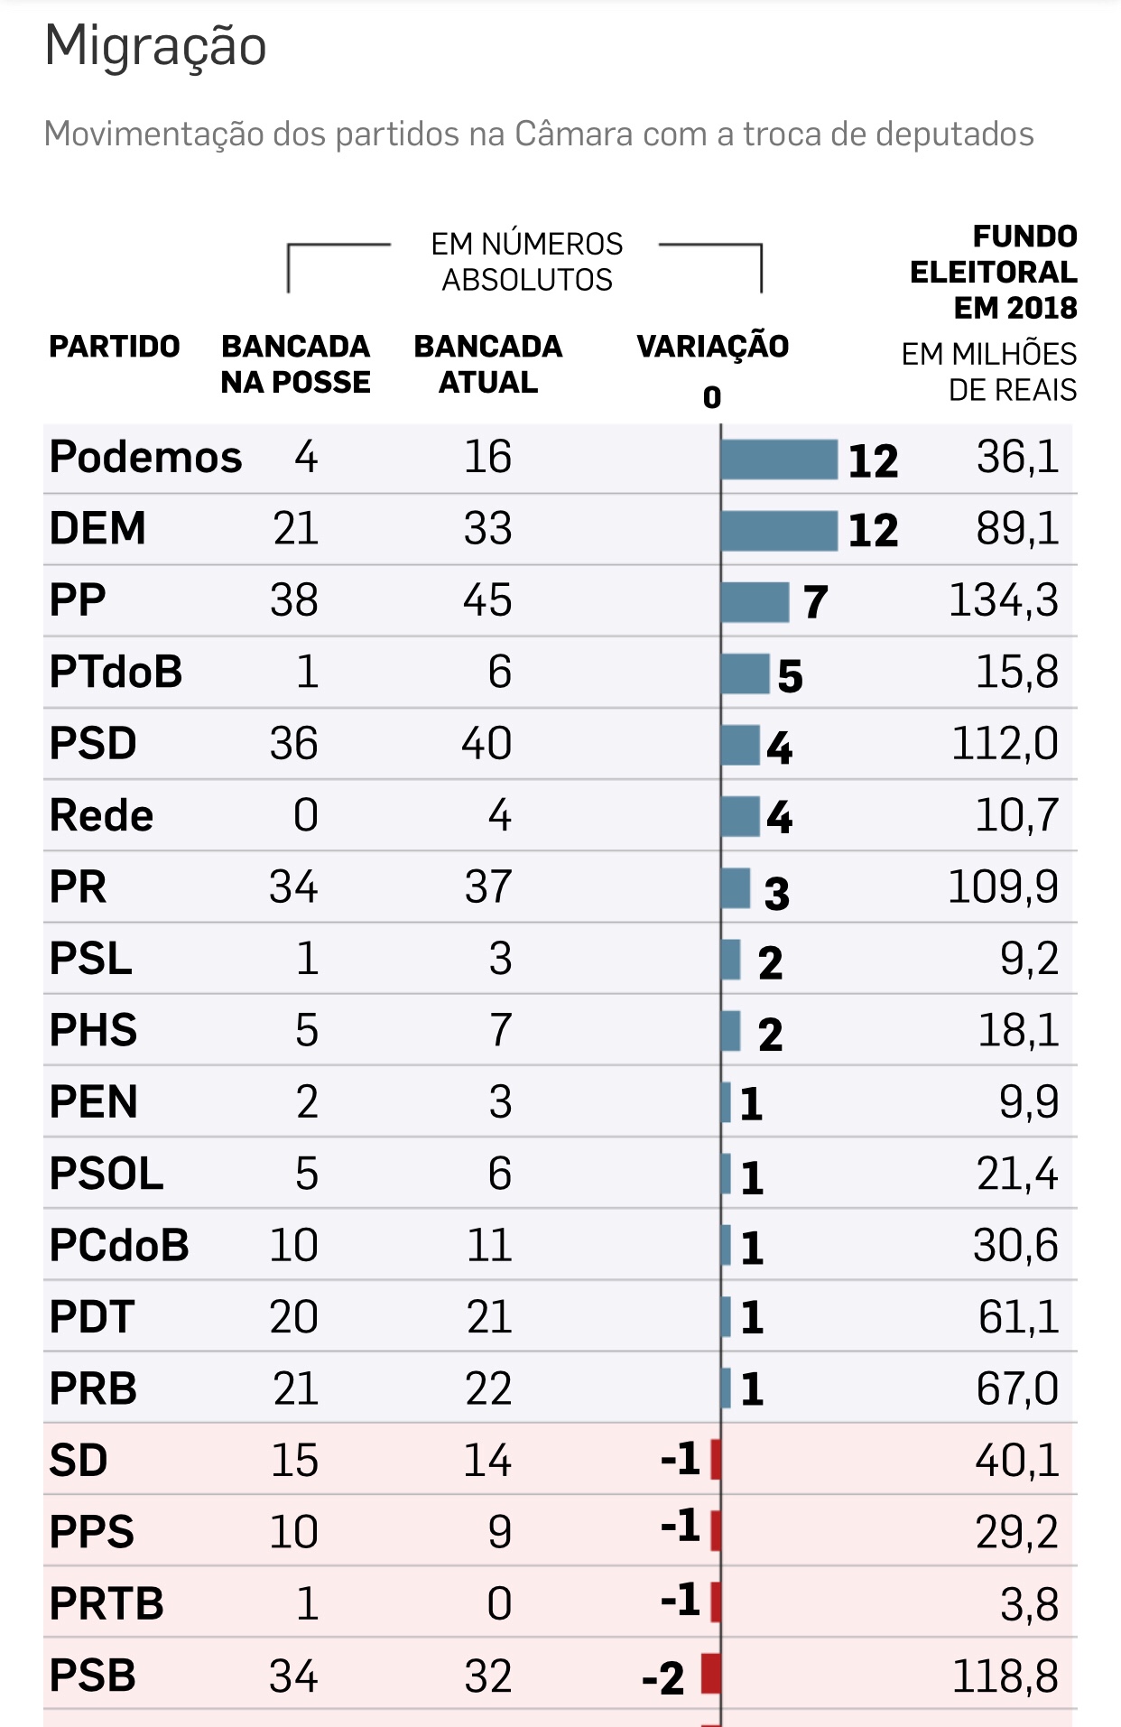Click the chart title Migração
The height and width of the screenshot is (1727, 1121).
click(155, 46)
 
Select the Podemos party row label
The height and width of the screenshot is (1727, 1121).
click(145, 457)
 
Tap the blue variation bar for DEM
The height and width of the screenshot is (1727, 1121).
click(779, 530)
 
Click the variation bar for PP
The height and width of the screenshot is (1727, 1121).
click(755, 601)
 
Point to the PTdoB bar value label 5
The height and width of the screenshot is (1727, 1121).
click(790, 675)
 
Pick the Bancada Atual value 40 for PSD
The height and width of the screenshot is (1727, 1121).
click(486, 744)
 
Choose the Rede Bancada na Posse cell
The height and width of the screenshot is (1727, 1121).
click(306, 815)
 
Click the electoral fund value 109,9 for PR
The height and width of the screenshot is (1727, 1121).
click(1003, 887)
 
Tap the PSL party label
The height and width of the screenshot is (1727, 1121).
click(90, 959)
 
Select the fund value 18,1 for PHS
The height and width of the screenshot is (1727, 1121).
click(1018, 1030)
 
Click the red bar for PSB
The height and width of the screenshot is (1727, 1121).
click(711, 1675)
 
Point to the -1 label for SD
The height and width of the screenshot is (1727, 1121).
click(681, 1459)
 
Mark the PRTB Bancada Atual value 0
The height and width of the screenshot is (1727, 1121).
click(499, 1604)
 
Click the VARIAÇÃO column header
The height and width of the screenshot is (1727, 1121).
click(712, 346)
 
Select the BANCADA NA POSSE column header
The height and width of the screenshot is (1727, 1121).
click(295, 364)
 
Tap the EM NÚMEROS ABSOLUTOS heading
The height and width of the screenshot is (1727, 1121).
click(527, 262)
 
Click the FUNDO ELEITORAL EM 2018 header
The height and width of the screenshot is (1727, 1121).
click(994, 272)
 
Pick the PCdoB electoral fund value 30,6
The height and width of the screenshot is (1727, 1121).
click(1015, 1246)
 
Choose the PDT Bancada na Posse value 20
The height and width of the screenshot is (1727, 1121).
click(293, 1317)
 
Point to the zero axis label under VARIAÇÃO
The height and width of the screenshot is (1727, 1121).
click(712, 397)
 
